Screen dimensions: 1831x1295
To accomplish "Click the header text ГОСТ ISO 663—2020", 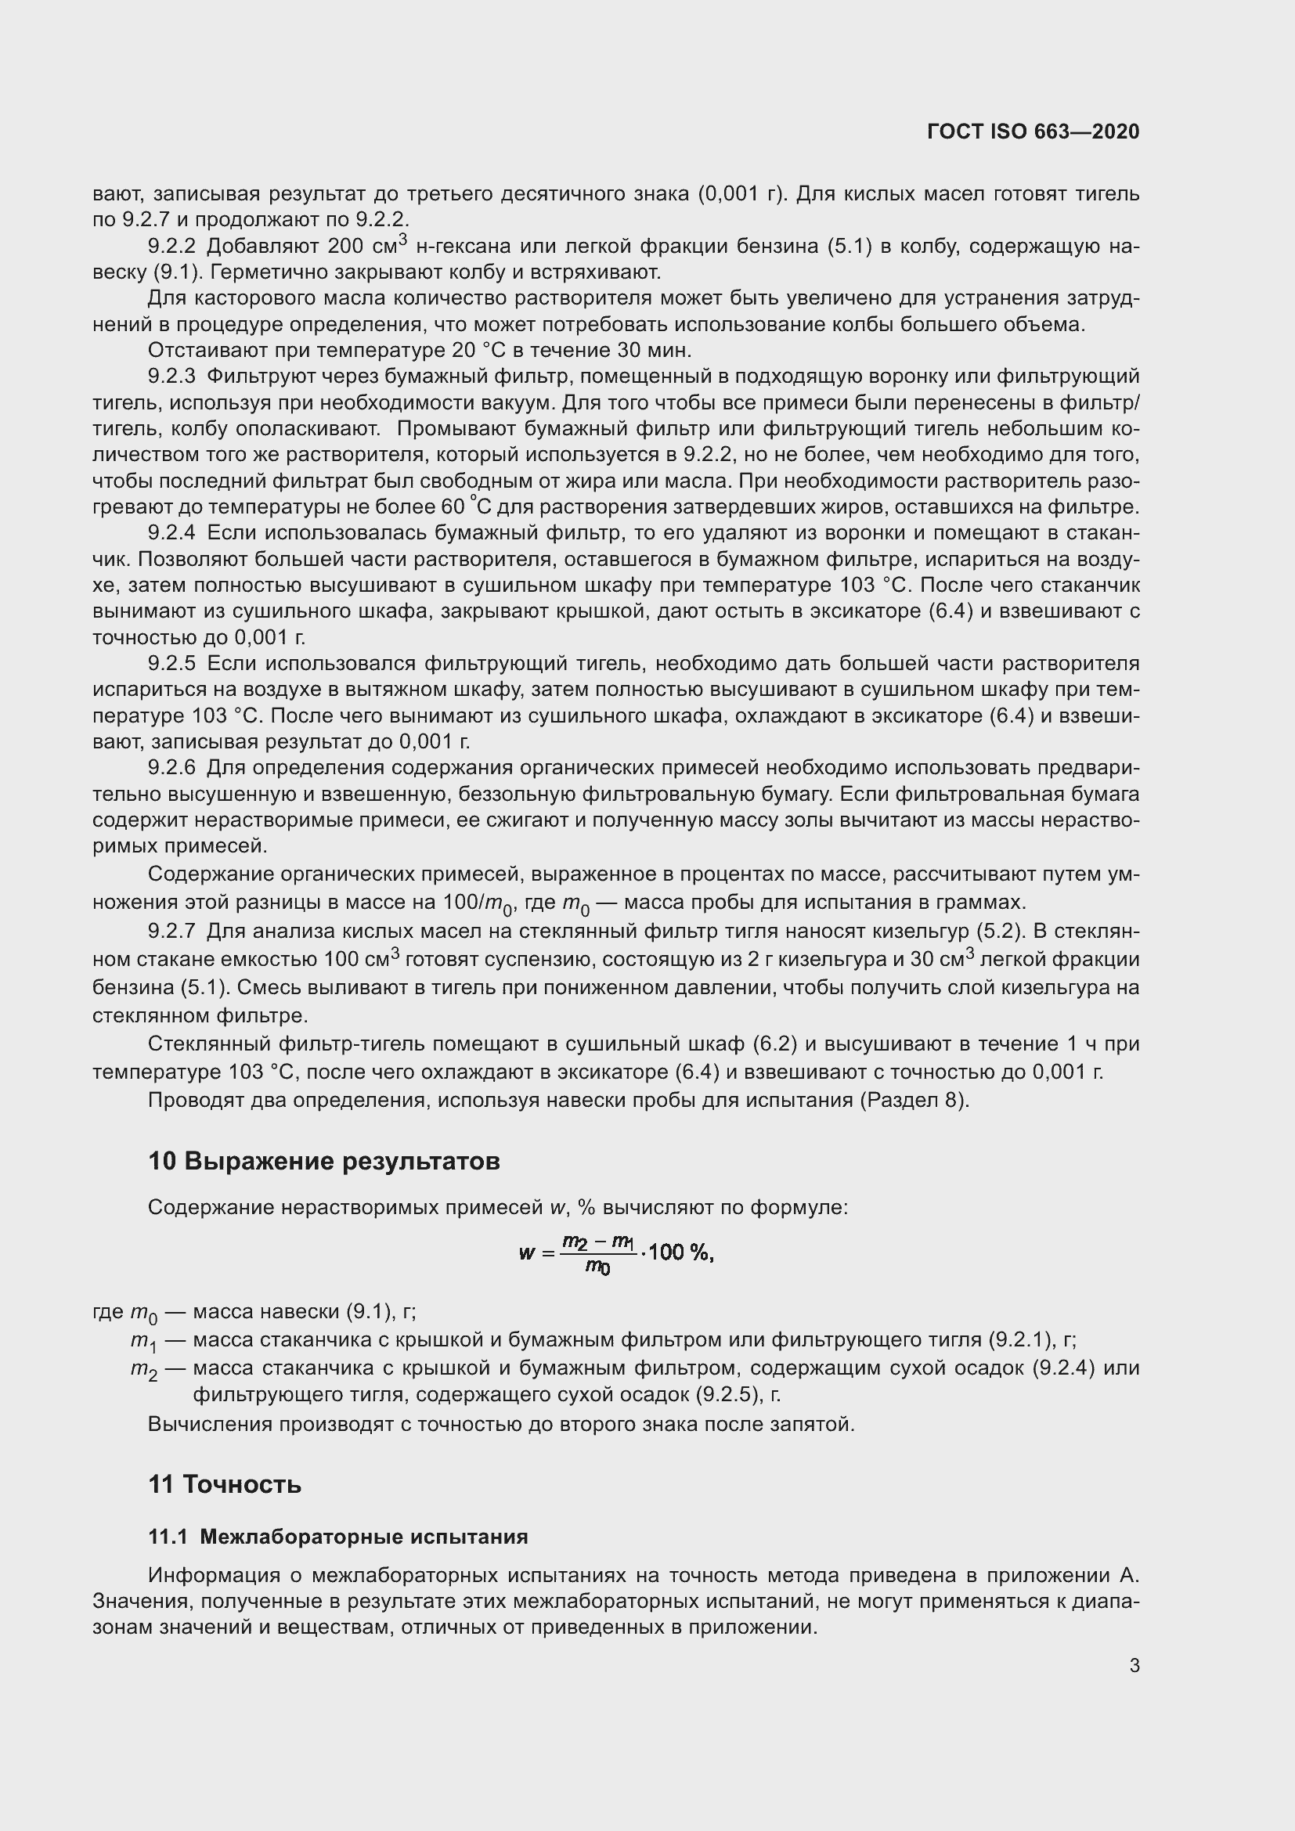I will point(1033,132).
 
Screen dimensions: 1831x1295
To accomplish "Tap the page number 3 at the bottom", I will point(1134,1665).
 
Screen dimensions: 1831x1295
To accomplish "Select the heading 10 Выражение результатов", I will point(324,1161).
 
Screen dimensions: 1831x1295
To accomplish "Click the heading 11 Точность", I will point(225,1484).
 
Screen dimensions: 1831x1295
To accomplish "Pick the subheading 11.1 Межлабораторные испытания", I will point(338,1537).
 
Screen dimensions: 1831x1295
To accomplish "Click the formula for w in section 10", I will point(615,1253).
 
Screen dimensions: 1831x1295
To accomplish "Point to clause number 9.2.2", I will point(171,247).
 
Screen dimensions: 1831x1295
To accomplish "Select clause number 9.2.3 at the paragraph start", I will point(171,377).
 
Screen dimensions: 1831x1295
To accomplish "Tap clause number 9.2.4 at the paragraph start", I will point(171,533).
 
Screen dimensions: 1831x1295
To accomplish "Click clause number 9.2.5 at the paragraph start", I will point(171,664).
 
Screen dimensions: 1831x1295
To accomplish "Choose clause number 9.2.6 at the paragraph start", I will point(171,768).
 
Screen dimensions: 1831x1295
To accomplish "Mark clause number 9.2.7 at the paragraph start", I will point(171,932).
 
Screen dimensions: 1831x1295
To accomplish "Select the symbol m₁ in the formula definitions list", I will point(143,1343).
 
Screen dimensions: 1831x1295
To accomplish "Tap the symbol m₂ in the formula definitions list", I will point(143,1370).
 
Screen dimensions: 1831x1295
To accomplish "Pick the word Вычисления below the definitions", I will point(209,1424).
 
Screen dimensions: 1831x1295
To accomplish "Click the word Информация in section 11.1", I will point(213,1576).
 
